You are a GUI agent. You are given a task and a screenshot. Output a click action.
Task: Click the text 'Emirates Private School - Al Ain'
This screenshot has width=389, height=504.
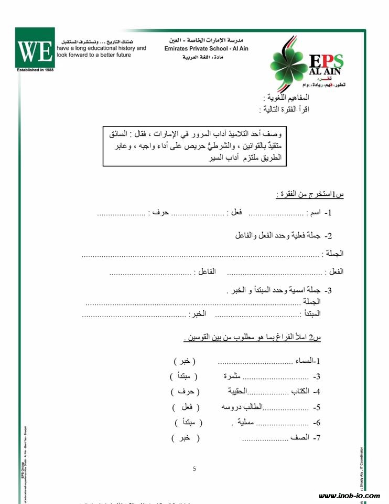pyautogui.click(x=206, y=49)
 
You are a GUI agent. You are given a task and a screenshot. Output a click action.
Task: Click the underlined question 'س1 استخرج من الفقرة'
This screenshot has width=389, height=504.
pyautogui.click(x=310, y=195)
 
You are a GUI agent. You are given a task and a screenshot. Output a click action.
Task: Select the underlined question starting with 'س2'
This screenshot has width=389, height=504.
pyautogui.click(x=253, y=338)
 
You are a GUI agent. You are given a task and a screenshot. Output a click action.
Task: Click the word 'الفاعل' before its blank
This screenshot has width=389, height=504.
pyautogui.click(x=205, y=272)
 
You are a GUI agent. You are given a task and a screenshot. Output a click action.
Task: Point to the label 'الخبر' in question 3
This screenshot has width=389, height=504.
pyautogui.click(x=197, y=313)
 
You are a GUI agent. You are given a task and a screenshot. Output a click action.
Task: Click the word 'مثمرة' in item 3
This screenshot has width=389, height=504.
pyautogui.click(x=231, y=376)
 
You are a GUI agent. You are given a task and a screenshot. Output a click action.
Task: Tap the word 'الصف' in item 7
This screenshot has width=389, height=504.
pyautogui.click(x=300, y=438)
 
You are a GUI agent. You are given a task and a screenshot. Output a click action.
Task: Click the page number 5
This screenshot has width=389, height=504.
pyautogui.click(x=194, y=469)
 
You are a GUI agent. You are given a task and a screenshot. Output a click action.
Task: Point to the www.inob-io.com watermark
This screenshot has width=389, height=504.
pyautogui.click(x=349, y=495)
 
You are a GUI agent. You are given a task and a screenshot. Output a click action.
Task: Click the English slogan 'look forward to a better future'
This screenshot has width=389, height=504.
pyautogui.click(x=94, y=55)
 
